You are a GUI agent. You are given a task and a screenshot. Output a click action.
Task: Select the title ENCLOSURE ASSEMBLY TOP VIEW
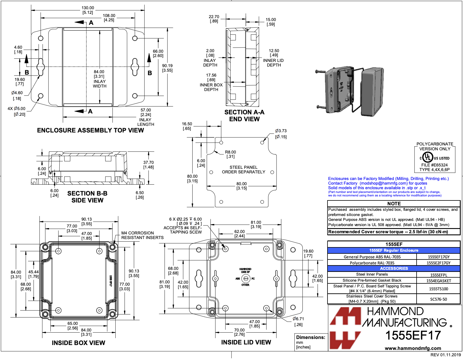pos(90,130)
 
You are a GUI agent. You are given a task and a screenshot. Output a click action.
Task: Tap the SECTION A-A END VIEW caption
pos(244,115)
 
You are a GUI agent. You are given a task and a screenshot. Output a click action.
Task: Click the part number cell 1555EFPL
pos(438,275)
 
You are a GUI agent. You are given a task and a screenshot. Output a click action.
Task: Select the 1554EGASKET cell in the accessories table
pos(438,281)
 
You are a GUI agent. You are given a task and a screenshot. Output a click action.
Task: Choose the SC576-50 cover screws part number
pos(438,299)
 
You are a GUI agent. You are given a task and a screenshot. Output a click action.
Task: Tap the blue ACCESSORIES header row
pos(394,268)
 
